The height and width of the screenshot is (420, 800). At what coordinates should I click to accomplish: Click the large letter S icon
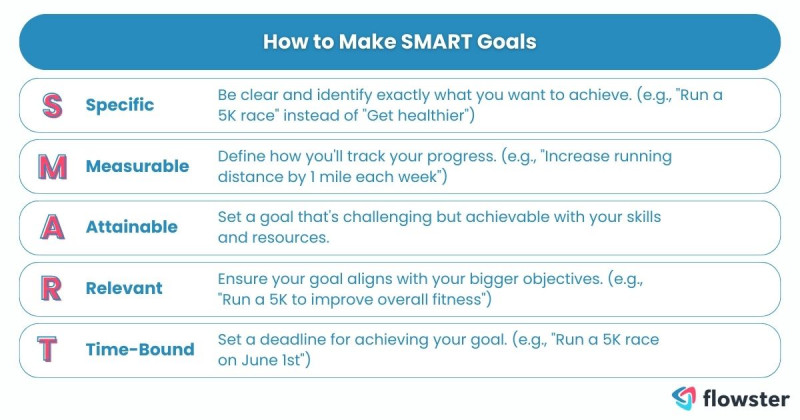point(51,105)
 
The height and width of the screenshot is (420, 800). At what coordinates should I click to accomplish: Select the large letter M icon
point(51,166)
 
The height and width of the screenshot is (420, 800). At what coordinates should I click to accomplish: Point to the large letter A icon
point(51,227)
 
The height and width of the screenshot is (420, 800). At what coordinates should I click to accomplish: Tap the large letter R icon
point(51,289)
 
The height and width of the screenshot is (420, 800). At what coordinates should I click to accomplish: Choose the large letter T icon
point(51,350)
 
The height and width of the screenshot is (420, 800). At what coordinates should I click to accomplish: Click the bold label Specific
point(120,105)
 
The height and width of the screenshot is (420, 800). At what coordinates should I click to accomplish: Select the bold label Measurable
point(137,166)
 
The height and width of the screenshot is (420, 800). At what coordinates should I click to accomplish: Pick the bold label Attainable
point(132,227)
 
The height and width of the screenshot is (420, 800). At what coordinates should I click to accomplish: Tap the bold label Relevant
point(125,289)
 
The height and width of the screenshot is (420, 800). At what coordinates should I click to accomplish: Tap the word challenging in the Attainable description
point(390,217)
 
